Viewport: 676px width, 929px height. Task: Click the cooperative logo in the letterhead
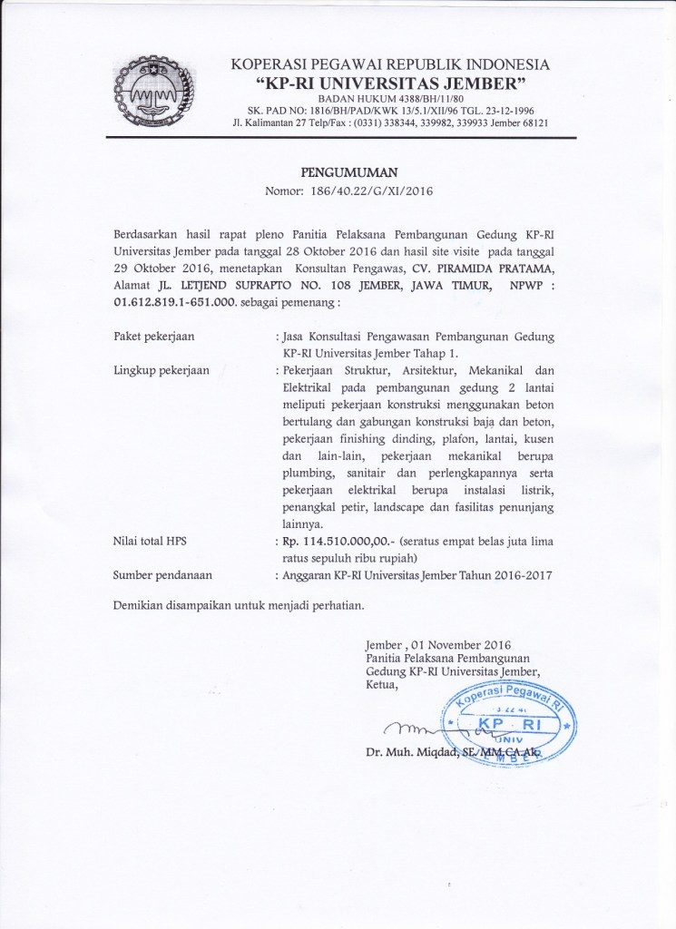click(153, 92)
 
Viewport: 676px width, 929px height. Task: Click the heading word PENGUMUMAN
click(348, 172)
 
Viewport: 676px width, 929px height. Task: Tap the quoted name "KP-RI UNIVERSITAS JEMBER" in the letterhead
click(390, 83)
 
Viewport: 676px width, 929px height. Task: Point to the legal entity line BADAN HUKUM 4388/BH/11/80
click(389, 98)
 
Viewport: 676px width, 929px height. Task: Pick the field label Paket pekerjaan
click(154, 337)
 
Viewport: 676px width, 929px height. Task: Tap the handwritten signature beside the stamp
click(426, 729)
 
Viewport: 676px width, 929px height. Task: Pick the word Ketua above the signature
click(381, 684)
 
